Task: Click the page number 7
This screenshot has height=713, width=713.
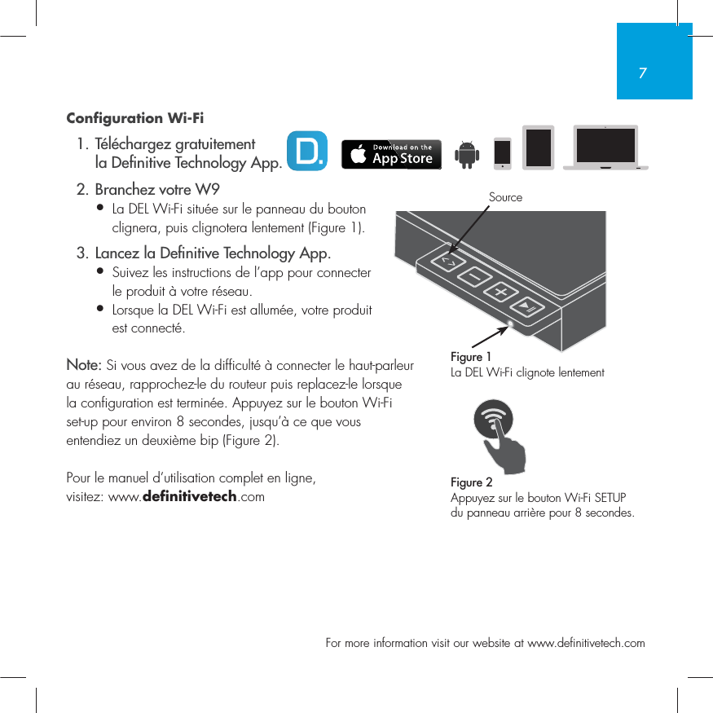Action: [x=643, y=73]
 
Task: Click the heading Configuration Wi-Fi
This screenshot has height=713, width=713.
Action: [x=134, y=118]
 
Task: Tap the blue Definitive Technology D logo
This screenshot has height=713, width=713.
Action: [x=307, y=152]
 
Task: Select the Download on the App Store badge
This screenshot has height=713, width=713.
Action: [x=391, y=154]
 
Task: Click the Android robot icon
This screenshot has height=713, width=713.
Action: [x=467, y=153]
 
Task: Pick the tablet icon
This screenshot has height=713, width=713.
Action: [x=538, y=148]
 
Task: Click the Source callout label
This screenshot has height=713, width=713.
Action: [x=505, y=197]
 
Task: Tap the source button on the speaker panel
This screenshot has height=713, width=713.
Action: [x=447, y=262]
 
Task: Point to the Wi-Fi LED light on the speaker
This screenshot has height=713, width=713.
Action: [x=510, y=323]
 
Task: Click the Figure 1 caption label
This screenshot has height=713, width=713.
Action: [x=471, y=357]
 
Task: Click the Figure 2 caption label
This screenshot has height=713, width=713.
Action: [x=471, y=482]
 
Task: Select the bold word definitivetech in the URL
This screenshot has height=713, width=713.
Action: [x=189, y=496]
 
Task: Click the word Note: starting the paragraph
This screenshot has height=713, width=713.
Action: [x=84, y=363]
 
